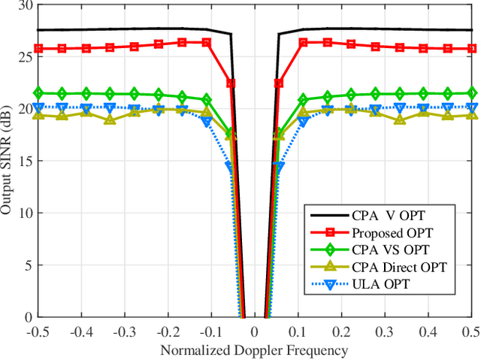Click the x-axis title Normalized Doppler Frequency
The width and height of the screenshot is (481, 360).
pyautogui.click(x=253, y=351)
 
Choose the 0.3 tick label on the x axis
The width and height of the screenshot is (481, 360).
pyautogui.click(x=384, y=331)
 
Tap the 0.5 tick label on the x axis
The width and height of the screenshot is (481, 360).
pyautogui.click(x=470, y=331)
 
